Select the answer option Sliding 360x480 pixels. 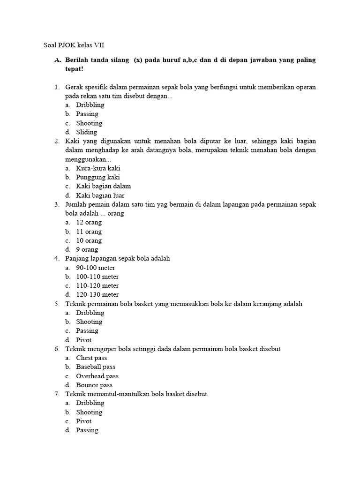point(86,132)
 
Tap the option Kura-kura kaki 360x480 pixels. point(98,168)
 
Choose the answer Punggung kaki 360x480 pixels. point(97,177)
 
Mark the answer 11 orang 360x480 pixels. point(89,232)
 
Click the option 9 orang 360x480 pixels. point(87,250)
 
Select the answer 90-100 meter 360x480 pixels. point(95,268)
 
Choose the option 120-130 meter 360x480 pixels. point(97,295)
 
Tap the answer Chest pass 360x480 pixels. point(91,358)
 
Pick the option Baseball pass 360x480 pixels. point(96,367)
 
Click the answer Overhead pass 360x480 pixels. point(97,376)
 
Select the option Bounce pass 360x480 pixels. point(94,385)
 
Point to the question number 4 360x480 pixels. point(56,259)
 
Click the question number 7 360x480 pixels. point(56,394)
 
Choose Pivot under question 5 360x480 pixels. point(84,340)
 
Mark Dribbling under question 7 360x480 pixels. point(90,403)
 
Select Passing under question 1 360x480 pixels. point(87,114)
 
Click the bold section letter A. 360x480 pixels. point(57,60)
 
